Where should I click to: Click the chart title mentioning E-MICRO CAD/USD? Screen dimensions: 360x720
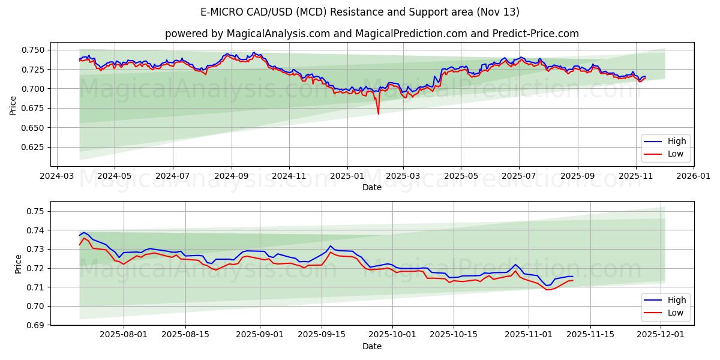click(x=360, y=12)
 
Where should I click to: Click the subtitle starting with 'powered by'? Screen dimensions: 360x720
click(x=372, y=34)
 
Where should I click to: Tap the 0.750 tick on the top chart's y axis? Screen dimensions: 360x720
click(x=34, y=50)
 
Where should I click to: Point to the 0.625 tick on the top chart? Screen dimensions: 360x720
click(x=34, y=147)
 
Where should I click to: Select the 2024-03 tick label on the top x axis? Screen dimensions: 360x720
click(x=57, y=176)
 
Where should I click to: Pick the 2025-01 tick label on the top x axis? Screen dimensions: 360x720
click(x=347, y=176)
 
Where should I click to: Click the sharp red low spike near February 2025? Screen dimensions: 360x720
click(x=378, y=113)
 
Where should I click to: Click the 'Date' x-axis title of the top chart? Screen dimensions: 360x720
click(x=372, y=187)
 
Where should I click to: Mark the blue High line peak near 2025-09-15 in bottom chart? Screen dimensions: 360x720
click(x=330, y=246)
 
